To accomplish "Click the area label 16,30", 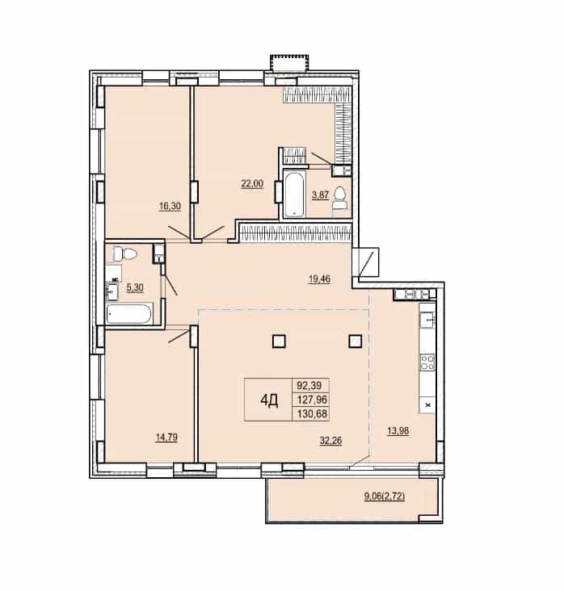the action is pos(170,206).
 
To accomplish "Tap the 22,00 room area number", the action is pos(252,184).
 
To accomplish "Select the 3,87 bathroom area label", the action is pos(320,195).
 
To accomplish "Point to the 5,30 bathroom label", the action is pos(135,287).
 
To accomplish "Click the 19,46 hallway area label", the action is pos(319,279).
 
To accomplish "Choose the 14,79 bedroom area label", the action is pos(166,438).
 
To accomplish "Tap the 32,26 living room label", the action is pos(330,440).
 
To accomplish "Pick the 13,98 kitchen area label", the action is pos(398,430).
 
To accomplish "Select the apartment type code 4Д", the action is pos(269,400).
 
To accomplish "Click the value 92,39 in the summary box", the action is pos(309,386).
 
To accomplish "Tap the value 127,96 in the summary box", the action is pos(312,399).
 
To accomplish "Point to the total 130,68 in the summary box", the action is pos(312,414).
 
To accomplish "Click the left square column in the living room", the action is pos(279,341).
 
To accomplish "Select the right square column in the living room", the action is pos(356,341).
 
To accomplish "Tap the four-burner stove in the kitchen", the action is pos(427,363).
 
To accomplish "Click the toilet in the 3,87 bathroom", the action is pos(339,199).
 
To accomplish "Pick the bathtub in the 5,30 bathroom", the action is pos(129,314).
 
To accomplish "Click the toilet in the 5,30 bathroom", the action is pos(125,254).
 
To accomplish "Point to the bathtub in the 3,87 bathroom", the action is pos(294,195).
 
